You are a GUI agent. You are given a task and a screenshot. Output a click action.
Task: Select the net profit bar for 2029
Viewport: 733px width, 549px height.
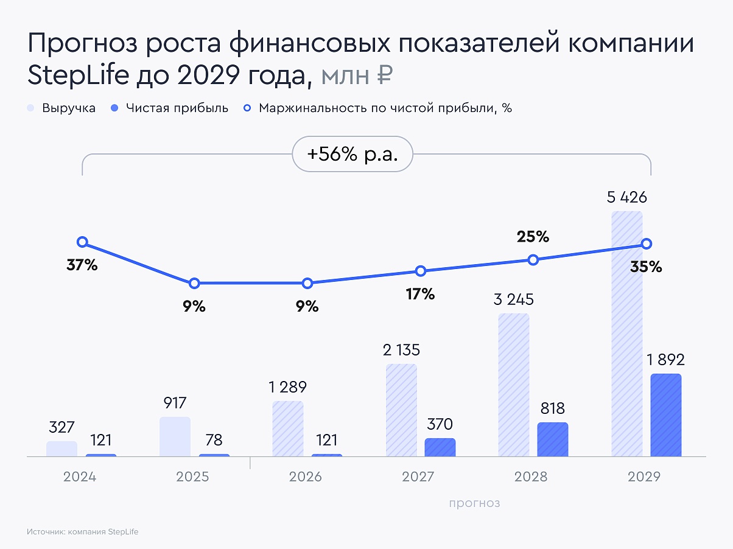point(665,414)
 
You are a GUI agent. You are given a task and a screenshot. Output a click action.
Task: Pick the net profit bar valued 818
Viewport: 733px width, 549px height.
point(553,439)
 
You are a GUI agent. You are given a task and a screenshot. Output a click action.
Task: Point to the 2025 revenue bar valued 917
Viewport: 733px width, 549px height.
point(175,436)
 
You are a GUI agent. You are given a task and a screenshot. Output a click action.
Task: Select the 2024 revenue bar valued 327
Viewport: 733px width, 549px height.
point(61,449)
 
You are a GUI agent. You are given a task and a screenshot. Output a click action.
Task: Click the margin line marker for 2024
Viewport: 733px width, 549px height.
point(82,242)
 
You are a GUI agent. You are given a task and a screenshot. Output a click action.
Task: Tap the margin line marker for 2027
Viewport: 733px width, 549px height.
point(420,271)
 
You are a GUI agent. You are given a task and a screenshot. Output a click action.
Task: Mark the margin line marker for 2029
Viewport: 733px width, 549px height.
point(647,243)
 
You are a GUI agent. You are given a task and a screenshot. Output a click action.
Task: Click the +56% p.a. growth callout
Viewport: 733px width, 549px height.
point(352,155)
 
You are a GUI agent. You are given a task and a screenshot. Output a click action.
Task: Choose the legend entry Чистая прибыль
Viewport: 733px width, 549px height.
point(170,108)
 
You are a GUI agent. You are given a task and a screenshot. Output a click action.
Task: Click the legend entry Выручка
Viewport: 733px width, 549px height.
point(61,108)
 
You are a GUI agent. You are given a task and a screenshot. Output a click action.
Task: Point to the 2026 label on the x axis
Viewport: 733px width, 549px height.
point(306,476)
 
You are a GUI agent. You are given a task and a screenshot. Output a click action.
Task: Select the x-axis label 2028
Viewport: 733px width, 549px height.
point(531,476)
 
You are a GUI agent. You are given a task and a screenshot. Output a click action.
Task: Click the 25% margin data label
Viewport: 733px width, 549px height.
point(533,237)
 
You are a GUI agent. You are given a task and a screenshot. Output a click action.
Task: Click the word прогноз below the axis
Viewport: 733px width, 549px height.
point(474,503)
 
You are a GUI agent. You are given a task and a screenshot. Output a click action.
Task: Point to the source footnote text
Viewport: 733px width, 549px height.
point(83,531)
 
